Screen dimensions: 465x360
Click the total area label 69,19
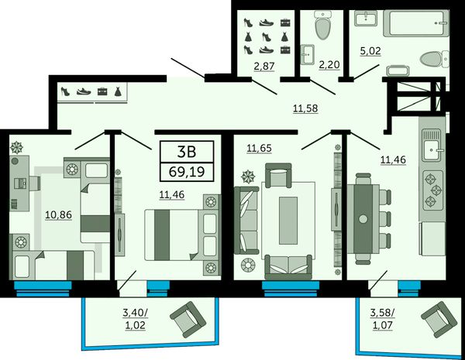click(x=187, y=172)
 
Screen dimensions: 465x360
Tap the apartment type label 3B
click(x=187, y=152)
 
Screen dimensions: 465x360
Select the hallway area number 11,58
click(x=305, y=108)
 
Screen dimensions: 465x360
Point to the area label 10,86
click(x=58, y=214)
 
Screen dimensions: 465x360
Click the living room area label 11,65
click(x=259, y=148)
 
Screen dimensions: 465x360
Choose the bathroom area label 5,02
click(x=370, y=51)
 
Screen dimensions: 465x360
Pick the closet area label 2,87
click(x=264, y=66)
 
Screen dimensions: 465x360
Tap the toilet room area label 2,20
click(x=329, y=64)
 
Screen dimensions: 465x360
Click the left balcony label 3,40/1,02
click(x=135, y=319)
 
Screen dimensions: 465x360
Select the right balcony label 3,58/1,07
click(x=383, y=319)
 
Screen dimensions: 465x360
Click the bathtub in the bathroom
click(x=416, y=23)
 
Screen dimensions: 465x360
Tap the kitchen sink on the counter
click(x=432, y=146)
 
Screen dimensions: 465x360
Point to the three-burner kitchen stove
click(x=433, y=190)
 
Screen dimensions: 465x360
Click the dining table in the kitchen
click(x=363, y=218)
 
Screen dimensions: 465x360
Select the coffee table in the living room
click(x=288, y=221)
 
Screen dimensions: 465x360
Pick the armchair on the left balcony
click(x=188, y=320)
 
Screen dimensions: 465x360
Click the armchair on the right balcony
click(x=439, y=320)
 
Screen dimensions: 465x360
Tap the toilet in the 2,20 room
click(x=322, y=26)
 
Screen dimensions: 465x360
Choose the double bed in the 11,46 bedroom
click(x=182, y=235)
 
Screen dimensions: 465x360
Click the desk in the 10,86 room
click(x=19, y=183)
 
